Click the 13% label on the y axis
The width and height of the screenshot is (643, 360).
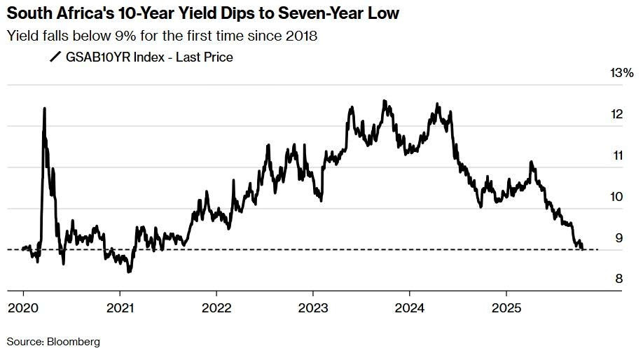click(623, 73)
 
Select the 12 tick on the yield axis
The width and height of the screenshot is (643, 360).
click(617, 114)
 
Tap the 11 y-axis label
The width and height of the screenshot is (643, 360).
click(616, 155)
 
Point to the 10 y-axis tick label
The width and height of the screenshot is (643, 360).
click(617, 197)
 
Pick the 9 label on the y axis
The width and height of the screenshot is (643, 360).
click(618, 238)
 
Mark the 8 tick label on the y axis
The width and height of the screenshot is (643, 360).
click(618, 279)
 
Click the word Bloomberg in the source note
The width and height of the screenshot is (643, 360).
click(74, 342)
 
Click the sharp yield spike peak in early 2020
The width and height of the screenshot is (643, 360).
click(44, 109)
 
